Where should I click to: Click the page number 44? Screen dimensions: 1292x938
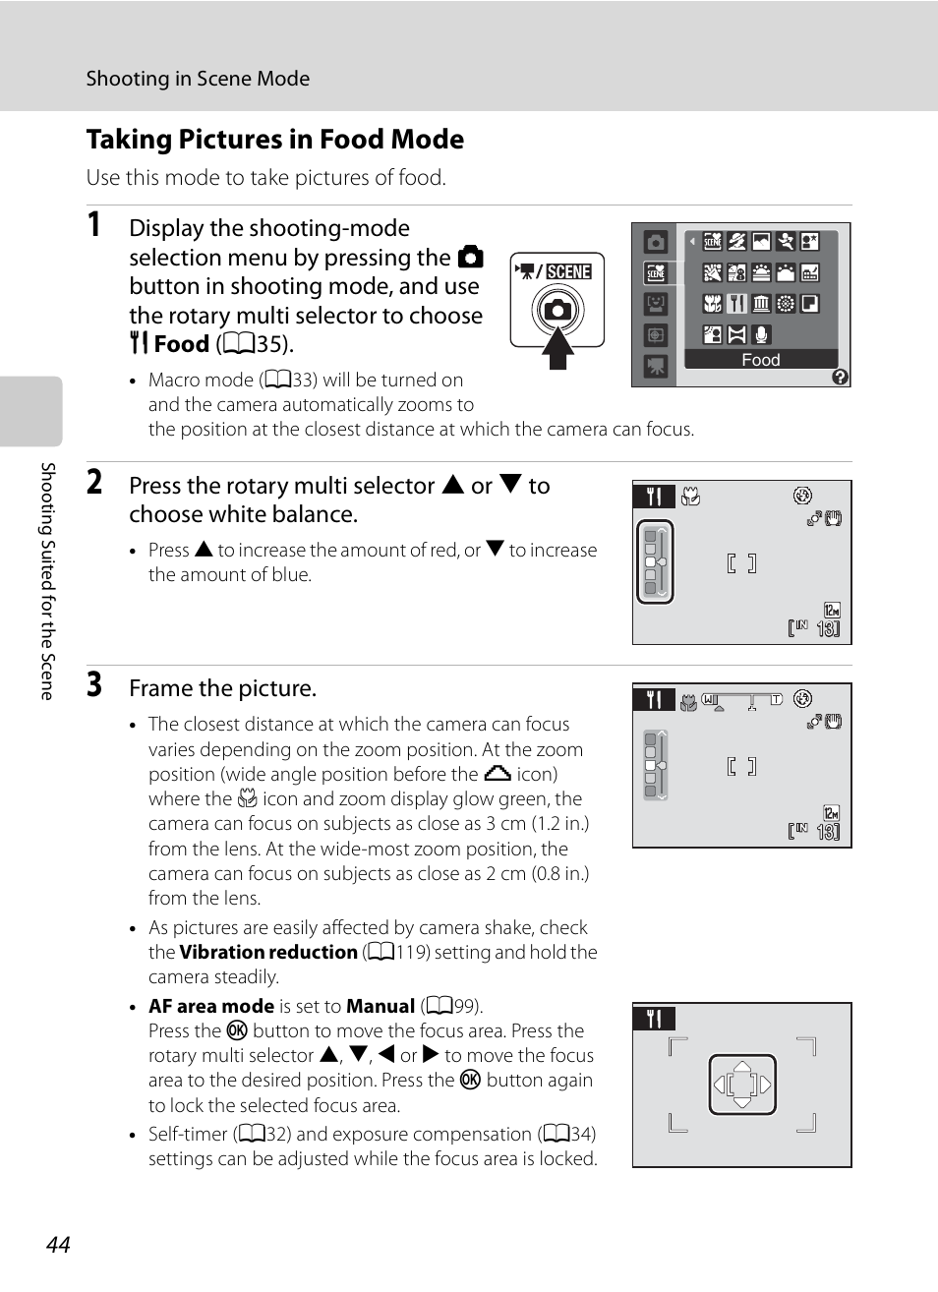click(58, 1244)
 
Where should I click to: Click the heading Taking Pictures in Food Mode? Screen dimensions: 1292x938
click(275, 140)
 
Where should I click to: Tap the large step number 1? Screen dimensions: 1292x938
click(94, 224)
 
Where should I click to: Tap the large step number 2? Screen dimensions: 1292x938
click(94, 482)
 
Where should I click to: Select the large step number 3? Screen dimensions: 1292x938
click(94, 684)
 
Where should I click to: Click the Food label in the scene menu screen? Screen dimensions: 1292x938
click(760, 360)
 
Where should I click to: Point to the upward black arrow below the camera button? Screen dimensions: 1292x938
click(558, 348)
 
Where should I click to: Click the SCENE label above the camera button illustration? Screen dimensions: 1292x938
click(568, 271)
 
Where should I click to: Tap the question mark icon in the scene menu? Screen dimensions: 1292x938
click(840, 377)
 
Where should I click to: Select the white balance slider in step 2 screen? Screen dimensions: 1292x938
click(655, 561)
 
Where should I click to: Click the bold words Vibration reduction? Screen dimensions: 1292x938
click(268, 952)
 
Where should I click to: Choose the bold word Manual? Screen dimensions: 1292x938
click(381, 1006)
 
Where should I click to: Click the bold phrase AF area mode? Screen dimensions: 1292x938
click(211, 1006)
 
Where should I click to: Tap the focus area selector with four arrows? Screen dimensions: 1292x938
click(742, 1085)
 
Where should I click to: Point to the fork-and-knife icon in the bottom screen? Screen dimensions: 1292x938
click(654, 1019)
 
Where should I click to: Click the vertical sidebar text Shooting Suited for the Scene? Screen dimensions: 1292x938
click(47, 580)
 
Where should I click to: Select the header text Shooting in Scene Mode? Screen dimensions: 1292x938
click(198, 79)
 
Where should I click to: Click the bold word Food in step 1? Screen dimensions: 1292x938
click(181, 344)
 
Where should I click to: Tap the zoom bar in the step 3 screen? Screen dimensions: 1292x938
click(742, 700)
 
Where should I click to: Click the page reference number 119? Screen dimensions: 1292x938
click(412, 952)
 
